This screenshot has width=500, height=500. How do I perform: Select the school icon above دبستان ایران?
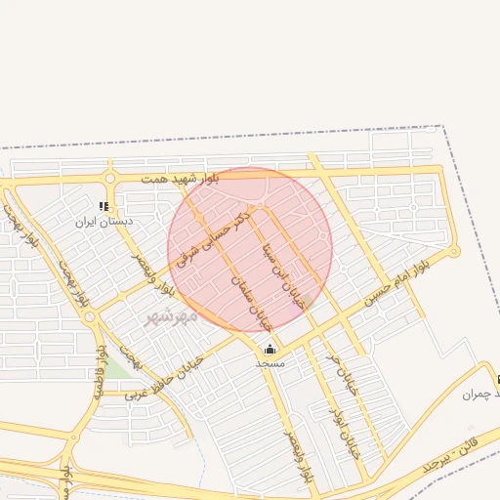point(104,207)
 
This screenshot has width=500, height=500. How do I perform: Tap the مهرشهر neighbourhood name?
point(171,316)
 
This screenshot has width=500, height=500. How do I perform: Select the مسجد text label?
point(270,362)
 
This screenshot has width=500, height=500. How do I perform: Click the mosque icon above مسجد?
point(270,349)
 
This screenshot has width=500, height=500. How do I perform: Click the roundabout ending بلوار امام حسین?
point(453,252)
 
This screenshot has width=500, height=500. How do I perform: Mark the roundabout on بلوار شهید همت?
point(109,179)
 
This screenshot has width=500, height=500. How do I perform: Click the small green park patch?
point(117,367)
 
